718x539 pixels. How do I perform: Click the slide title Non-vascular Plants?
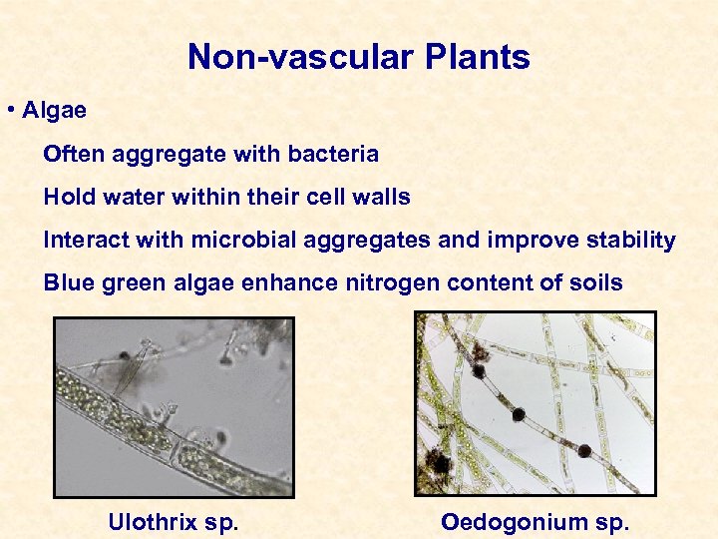(x=358, y=57)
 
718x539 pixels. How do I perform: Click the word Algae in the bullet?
(x=54, y=111)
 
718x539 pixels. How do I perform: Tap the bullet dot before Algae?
(x=9, y=111)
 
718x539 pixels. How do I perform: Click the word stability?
(x=632, y=241)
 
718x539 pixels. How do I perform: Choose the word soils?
(x=595, y=283)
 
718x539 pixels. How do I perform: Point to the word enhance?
(x=298, y=283)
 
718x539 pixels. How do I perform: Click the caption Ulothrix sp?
(x=173, y=522)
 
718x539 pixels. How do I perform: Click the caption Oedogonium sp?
(x=535, y=522)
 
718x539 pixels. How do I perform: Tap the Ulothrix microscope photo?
(x=174, y=406)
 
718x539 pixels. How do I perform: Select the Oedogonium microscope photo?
(x=536, y=403)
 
